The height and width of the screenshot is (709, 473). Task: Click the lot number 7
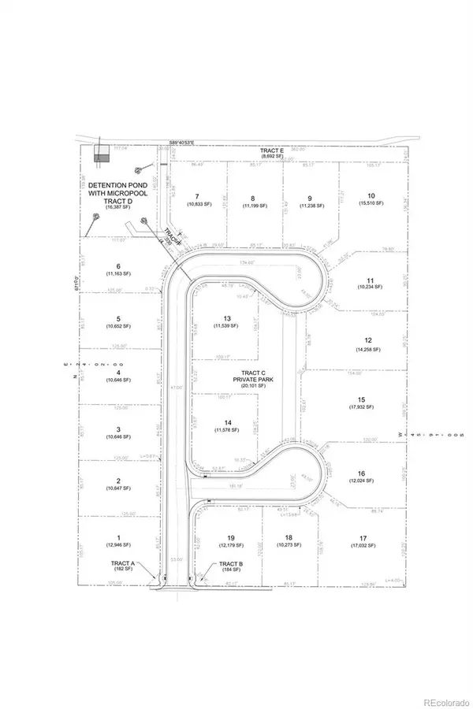(197, 197)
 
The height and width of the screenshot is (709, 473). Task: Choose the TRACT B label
(229, 564)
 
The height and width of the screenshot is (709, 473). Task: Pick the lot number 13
(227, 317)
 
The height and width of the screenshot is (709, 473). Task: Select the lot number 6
(117, 266)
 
